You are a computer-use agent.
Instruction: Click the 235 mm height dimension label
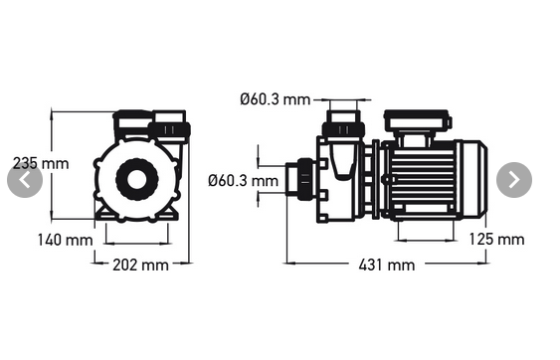coord(41,162)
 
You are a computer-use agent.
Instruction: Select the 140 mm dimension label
coord(66,240)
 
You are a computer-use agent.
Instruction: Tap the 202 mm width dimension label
coord(139,265)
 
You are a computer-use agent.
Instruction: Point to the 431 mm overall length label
coord(388,265)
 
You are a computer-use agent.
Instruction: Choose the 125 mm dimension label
coord(496,240)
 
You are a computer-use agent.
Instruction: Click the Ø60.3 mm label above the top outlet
coord(276,99)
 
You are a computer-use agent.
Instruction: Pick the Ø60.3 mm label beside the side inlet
coord(243,180)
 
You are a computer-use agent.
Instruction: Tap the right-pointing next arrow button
coord(513,180)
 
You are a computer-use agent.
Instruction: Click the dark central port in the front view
coord(136,179)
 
